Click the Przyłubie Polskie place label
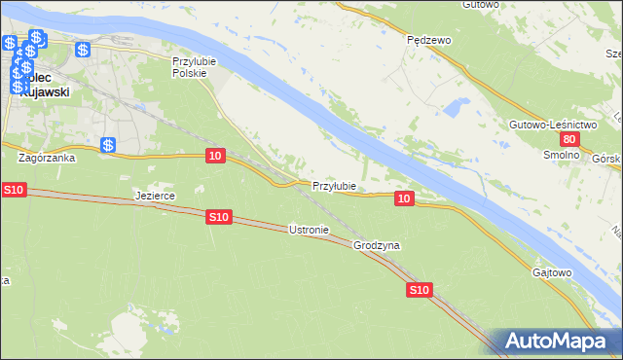[193, 66]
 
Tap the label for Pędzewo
[428, 41]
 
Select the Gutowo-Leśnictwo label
[551, 126]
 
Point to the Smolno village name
[562, 155]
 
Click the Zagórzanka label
[46, 156]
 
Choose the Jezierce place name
[154, 196]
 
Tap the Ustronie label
[310, 231]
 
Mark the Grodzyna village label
[377, 246]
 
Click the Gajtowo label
[552, 272]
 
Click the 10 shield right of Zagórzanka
[216, 156]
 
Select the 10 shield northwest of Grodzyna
[405, 198]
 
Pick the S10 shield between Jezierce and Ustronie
[219, 218]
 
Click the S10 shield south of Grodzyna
[419, 290]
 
